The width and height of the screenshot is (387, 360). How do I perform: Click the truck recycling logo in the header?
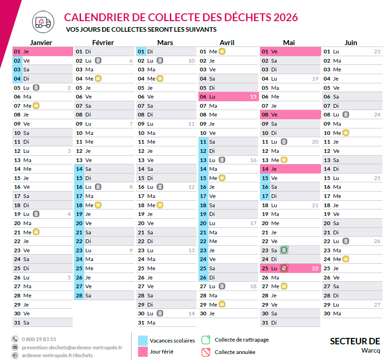click(42, 22)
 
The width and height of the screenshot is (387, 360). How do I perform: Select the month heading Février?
click(103, 42)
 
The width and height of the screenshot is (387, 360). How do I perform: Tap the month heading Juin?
click(351, 42)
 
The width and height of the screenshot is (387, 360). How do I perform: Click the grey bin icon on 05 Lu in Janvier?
click(36, 87)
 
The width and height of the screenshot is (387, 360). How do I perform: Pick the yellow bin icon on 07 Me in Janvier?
click(36, 105)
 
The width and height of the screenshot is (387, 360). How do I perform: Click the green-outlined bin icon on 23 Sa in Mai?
click(284, 250)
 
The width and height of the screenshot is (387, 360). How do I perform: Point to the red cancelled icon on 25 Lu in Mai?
click(284, 268)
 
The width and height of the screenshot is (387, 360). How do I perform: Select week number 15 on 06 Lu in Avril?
click(253, 97)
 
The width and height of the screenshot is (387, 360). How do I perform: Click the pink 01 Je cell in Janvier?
click(43, 52)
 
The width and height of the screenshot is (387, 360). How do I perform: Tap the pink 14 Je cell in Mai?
click(290, 169)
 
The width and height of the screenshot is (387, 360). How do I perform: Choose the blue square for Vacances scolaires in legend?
click(143, 340)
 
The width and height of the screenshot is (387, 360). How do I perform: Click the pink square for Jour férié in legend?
click(143, 352)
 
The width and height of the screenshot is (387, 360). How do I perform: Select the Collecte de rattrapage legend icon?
click(206, 340)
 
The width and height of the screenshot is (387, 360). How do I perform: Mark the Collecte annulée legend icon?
click(206, 352)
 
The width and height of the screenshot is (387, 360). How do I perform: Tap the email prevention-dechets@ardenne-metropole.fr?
click(72, 347)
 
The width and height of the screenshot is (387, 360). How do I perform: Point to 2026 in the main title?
click(285, 17)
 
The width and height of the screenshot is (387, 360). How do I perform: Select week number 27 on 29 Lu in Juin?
click(377, 304)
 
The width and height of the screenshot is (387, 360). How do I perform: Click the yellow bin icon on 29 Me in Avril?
click(222, 304)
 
